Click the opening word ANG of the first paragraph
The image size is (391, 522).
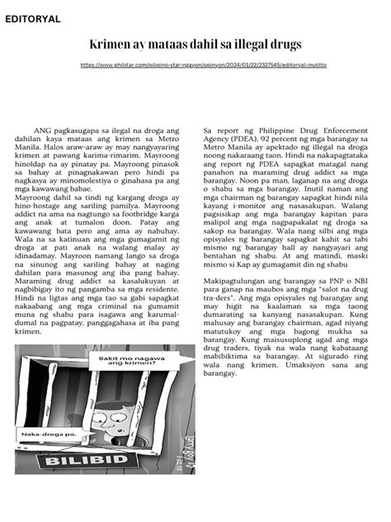tap(42, 130)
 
